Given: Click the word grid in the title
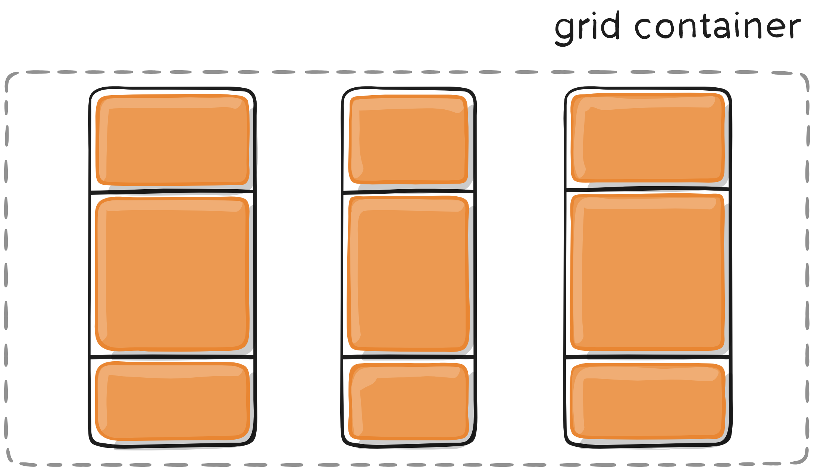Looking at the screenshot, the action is [x=587, y=28].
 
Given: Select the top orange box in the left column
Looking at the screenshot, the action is [x=172, y=140].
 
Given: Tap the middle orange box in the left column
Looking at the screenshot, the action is [x=172, y=274].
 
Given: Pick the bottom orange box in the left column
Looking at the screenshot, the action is [x=172, y=401].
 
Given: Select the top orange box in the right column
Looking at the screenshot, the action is [x=648, y=138].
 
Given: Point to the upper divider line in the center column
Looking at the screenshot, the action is [x=408, y=191].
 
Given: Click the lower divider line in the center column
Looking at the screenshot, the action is [x=408, y=357].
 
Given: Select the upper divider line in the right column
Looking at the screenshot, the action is [x=648, y=189].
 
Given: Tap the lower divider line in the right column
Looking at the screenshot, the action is [x=648, y=357].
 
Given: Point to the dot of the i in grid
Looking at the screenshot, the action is [x=594, y=14].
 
